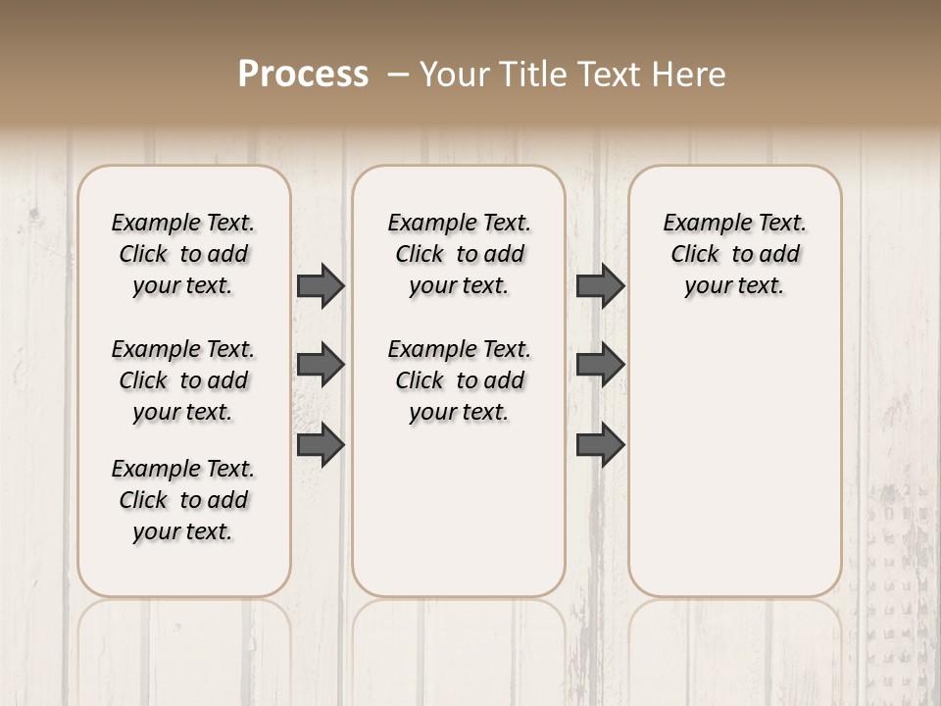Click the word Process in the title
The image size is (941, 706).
coord(303,75)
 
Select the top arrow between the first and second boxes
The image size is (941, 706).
coord(321,286)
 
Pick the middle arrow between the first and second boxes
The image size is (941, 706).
coord(321,365)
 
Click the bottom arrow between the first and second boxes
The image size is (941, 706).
coord(321,444)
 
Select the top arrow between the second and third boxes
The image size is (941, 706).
coord(600,286)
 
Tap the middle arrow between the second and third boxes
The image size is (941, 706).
coord(600,365)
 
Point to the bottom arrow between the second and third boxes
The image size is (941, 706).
coord(600,444)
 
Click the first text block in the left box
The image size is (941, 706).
coord(183,254)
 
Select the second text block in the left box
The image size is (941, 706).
coord(183,380)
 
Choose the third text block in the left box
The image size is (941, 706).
coord(183,500)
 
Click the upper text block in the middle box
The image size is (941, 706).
coord(459,254)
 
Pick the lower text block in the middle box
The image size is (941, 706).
coord(459,380)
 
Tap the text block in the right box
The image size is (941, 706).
coord(734,254)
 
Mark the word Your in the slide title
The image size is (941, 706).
coord(452,75)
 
